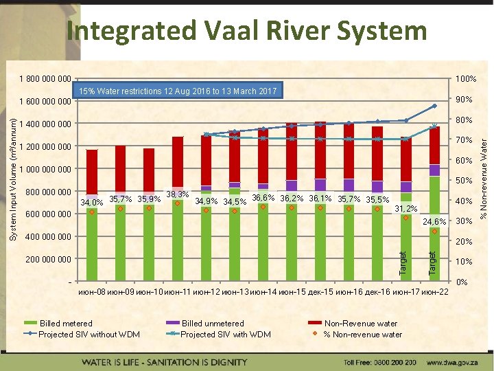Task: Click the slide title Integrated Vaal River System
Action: (246, 31)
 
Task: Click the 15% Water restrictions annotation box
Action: (177, 91)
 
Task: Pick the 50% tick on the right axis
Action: (466, 181)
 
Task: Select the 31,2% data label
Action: (405, 209)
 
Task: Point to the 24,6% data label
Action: (434, 221)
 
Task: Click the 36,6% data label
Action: (263, 198)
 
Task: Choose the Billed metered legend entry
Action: (66, 324)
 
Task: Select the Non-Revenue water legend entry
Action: (360, 324)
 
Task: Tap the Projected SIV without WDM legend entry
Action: (89, 335)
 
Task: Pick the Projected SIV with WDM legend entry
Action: (225, 335)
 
